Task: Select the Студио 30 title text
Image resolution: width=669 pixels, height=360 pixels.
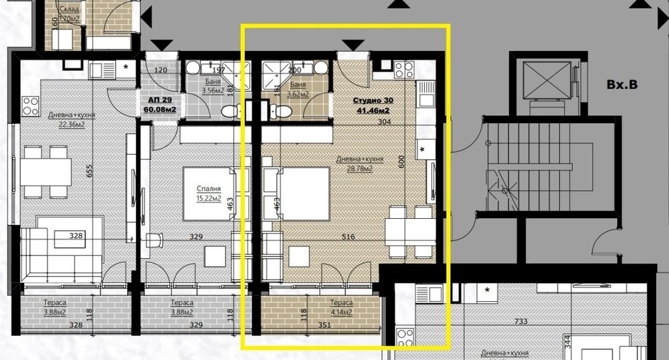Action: (374, 101)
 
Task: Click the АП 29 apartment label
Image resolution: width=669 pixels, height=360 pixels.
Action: (156, 98)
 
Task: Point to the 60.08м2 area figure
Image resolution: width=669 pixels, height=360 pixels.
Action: (156, 109)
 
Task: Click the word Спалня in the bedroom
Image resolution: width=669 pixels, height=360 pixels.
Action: (208, 189)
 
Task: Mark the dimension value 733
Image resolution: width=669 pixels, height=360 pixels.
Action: (521, 322)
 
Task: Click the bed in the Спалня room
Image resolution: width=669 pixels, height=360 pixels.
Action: (209, 194)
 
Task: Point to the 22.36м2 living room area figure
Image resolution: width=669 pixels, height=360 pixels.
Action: (72, 124)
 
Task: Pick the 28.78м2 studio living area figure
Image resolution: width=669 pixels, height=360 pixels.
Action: (360, 169)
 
